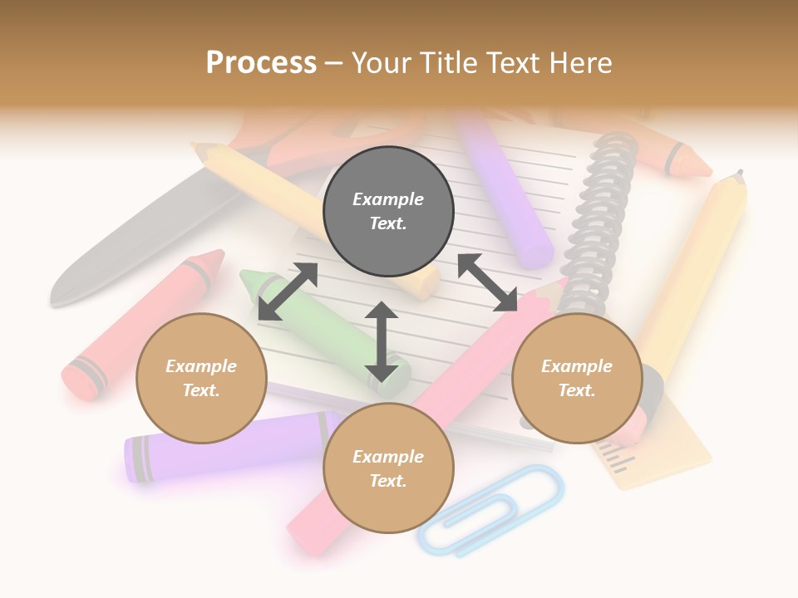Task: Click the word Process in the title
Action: [261, 63]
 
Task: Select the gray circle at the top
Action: [388, 212]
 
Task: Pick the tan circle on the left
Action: [201, 378]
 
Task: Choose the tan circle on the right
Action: [577, 378]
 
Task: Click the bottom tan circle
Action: [388, 468]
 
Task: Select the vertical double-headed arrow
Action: [382, 341]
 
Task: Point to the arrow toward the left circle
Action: [288, 292]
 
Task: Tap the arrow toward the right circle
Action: [487, 282]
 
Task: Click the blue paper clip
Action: [490, 512]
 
